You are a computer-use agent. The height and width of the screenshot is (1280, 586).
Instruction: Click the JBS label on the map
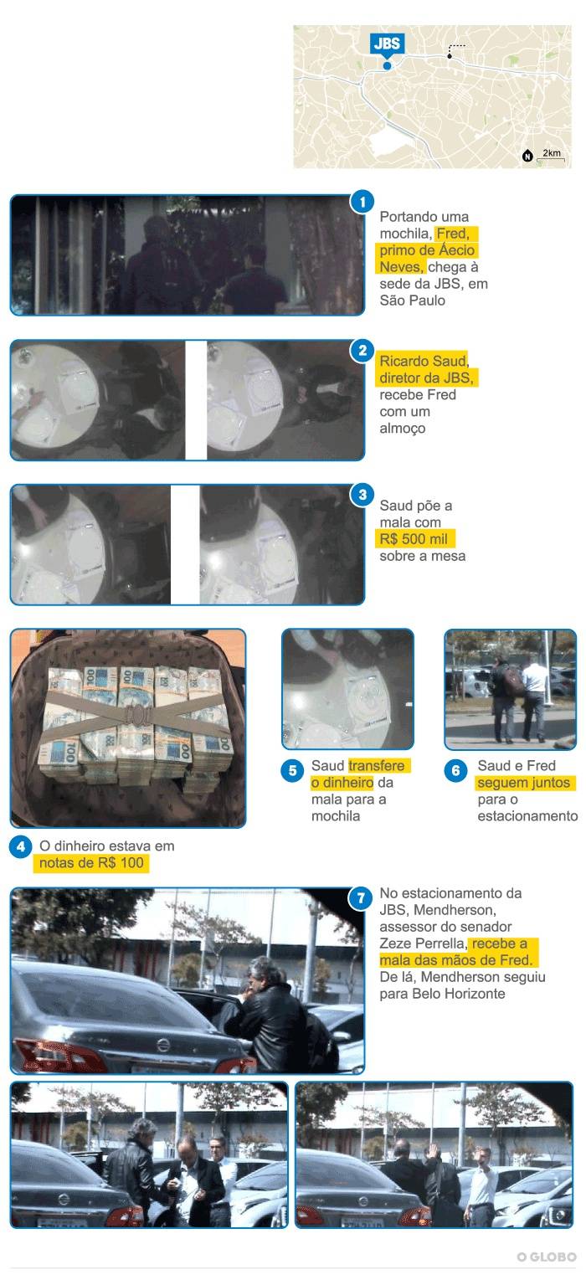[x=388, y=44]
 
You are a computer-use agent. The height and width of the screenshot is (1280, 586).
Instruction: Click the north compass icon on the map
[x=527, y=156]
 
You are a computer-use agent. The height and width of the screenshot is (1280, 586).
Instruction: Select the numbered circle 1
[x=362, y=202]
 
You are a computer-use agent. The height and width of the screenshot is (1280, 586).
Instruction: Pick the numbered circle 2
[x=362, y=350]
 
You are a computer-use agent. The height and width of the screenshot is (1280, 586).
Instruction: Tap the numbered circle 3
[x=362, y=495]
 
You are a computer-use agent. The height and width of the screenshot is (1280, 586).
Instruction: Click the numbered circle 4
[x=21, y=846]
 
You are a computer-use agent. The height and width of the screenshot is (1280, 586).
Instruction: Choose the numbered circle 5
[x=292, y=771]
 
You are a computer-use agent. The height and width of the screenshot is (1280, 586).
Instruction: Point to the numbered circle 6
[x=455, y=771]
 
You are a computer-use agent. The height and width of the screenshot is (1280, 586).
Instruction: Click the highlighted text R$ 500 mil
[x=414, y=539]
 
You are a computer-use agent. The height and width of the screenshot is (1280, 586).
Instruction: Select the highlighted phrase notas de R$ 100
[x=91, y=863]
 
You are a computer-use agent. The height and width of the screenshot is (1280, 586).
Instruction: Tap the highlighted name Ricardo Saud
[x=424, y=361]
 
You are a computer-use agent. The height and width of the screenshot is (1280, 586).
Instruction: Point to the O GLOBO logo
[x=547, y=1257]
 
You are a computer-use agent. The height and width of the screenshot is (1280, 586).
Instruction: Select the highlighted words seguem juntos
[x=524, y=783]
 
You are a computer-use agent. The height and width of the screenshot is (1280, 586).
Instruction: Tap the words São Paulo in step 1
[x=413, y=301]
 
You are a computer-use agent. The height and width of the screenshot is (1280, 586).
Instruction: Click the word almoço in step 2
[x=403, y=429]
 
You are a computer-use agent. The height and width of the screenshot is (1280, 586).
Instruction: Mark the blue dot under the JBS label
[x=388, y=65]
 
